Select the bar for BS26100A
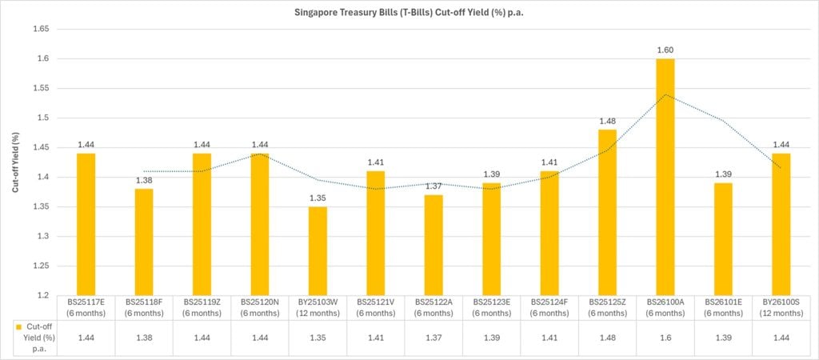click(x=665, y=176)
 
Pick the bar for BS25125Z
click(x=608, y=212)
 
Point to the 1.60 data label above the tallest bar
click(x=665, y=50)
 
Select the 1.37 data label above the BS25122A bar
click(x=433, y=186)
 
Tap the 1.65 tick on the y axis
click(x=39, y=29)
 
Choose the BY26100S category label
click(x=781, y=308)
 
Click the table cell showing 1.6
click(x=665, y=338)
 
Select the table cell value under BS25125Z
click(x=608, y=338)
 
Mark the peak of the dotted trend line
click(x=665, y=94)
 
